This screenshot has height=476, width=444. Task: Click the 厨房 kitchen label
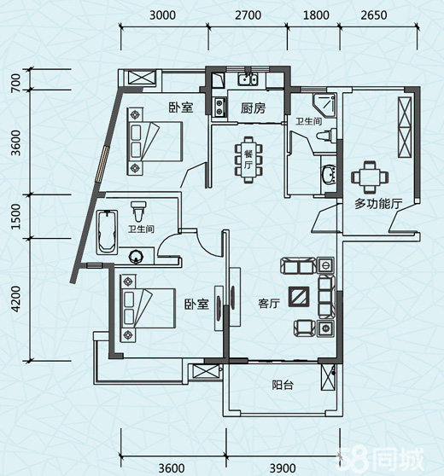[253, 108]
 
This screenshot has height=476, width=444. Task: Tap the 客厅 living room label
[269, 304]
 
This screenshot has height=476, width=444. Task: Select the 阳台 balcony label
[283, 385]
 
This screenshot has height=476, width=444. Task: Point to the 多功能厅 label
[378, 204]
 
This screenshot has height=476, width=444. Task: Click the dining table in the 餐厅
[248, 160]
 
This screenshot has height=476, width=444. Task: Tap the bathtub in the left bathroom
[107, 232]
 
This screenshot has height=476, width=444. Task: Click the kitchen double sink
[248, 79]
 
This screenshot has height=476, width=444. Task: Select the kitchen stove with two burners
[219, 107]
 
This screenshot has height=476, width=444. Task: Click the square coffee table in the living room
[299, 296]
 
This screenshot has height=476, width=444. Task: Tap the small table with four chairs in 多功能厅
[370, 177]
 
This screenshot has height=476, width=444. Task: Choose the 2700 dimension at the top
[248, 15]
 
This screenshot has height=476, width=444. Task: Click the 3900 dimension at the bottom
[283, 467]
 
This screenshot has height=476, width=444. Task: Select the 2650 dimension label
[374, 15]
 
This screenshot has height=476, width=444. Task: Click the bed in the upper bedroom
[155, 142]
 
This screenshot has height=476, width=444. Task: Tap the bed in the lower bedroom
[148, 308]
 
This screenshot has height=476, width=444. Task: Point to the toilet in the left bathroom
[138, 211]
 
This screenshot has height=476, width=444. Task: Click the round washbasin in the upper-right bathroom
[329, 174]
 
